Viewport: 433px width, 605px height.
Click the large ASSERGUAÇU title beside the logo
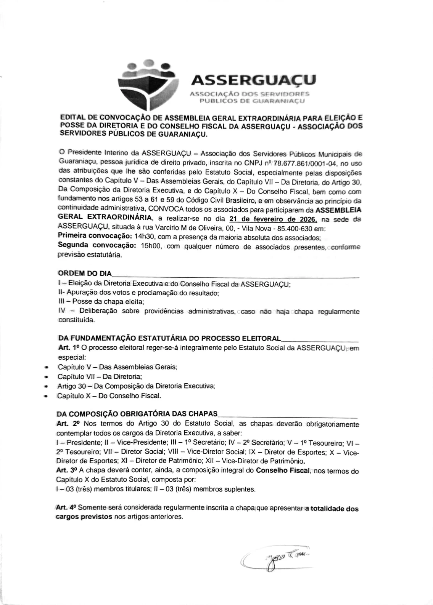pyautogui.click(x=253, y=80)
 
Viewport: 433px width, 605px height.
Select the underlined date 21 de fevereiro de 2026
pyautogui.click(x=273, y=219)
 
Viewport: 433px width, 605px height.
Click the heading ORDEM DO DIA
pyautogui.click(x=85, y=274)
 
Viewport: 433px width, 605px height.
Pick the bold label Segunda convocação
pyautogui.click(x=97, y=246)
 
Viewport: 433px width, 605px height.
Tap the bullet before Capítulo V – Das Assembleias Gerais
pyautogui.click(x=46, y=368)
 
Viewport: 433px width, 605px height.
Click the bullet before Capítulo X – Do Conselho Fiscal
pyautogui.click(x=46, y=396)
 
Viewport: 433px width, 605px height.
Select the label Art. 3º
pyautogui.click(x=66, y=471)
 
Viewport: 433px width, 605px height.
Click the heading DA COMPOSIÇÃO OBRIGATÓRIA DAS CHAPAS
pyautogui.click(x=137, y=414)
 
